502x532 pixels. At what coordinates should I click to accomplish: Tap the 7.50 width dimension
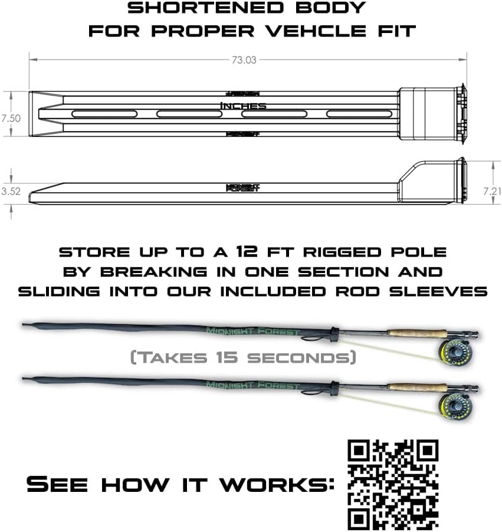[x=11, y=118]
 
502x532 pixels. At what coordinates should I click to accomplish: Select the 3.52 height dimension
[x=11, y=191]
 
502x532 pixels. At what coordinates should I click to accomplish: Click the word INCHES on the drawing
[x=243, y=106]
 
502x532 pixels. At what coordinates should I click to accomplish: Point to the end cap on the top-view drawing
[x=431, y=116]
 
